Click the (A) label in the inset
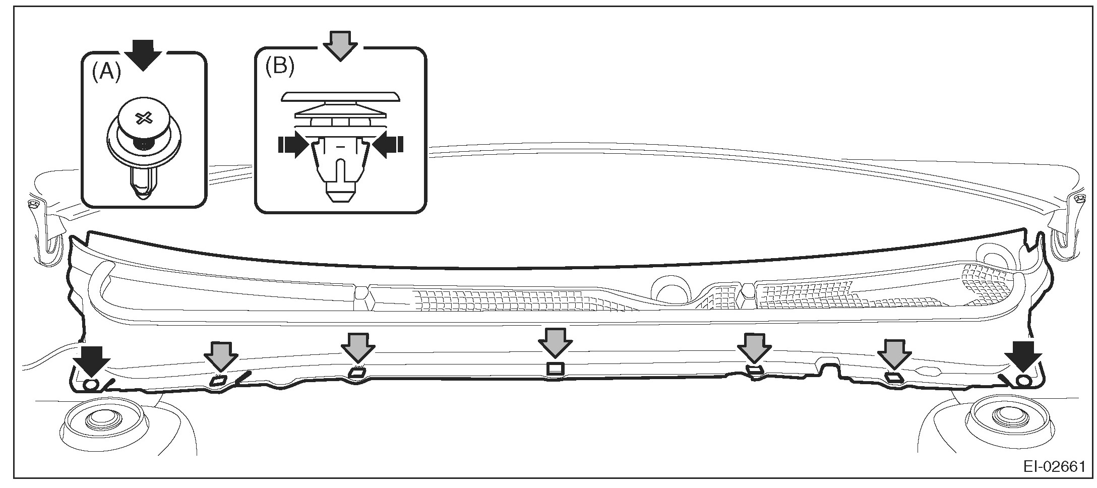click(106, 74)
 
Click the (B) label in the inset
click(280, 67)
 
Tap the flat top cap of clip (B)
click(340, 96)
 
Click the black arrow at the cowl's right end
click(1022, 357)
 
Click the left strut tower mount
click(103, 421)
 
